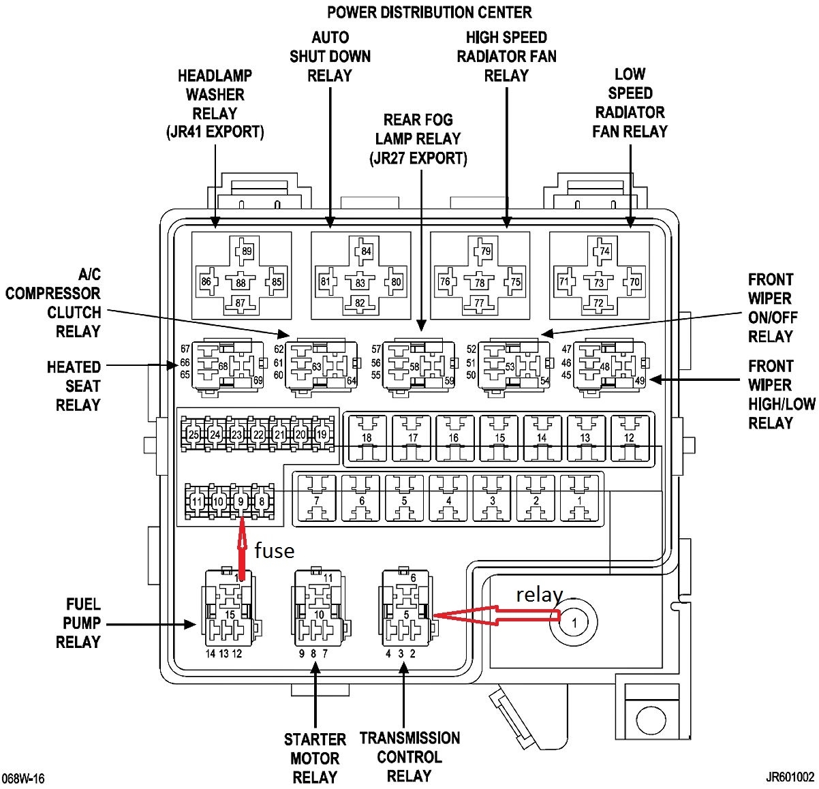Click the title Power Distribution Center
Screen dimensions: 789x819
pyautogui.click(x=429, y=12)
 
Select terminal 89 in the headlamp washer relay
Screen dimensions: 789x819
pyautogui.click(x=246, y=251)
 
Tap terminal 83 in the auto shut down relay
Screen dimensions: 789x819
pyautogui.click(x=360, y=283)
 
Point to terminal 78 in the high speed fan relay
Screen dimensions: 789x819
pyautogui.click(x=480, y=283)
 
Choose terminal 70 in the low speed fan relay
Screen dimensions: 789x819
pyautogui.click(x=634, y=281)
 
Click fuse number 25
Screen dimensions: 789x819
pyautogui.click(x=194, y=434)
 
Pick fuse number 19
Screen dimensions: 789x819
pyautogui.click(x=322, y=434)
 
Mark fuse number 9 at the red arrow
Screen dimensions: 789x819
pyautogui.click(x=240, y=502)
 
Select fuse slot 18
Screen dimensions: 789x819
pyautogui.click(x=367, y=437)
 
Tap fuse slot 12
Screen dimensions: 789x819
pyautogui.click(x=628, y=437)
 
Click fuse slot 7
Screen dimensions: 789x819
pyautogui.click(x=317, y=501)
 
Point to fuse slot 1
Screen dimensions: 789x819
pyautogui.click(x=579, y=501)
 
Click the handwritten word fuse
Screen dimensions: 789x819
pyautogui.click(x=274, y=551)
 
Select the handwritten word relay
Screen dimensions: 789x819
pyautogui.click(x=539, y=595)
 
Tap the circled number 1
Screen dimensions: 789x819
pyautogui.click(x=574, y=622)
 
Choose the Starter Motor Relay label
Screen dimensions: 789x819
pyautogui.click(x=315, y=758)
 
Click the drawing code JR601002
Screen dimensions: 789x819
pyautogui.click(x=790, y=777)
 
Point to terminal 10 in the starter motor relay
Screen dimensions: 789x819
pyautogui.click(x=318, y=615)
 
